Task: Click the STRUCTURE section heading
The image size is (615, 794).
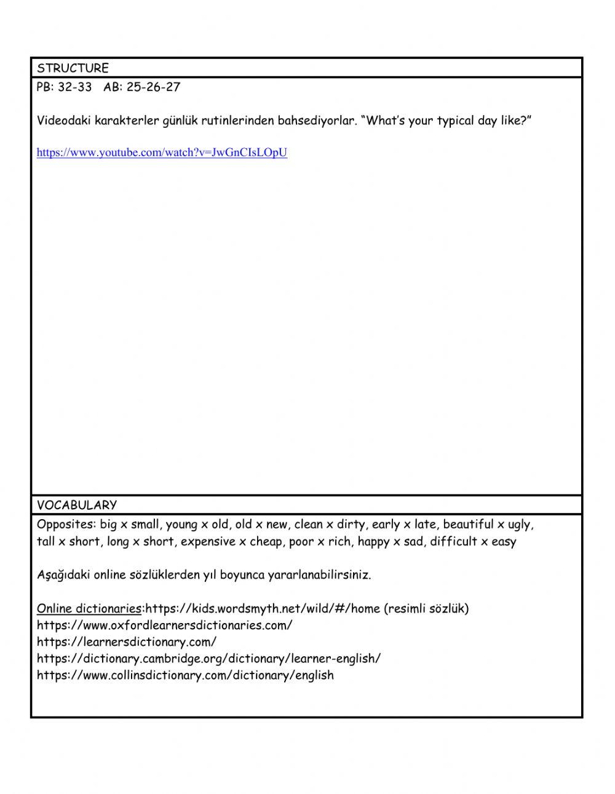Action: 73,68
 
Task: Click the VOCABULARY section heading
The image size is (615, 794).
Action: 76,505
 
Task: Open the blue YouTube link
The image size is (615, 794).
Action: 162,153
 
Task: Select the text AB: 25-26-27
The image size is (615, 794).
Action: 142,87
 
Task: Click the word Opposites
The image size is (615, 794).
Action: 65,525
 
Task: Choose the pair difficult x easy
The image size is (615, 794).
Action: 473,542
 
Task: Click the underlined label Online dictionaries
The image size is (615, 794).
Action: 89,609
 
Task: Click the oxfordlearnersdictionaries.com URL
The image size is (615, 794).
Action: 164,625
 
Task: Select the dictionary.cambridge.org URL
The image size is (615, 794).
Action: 208,659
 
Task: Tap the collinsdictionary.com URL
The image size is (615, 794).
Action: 185,675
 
